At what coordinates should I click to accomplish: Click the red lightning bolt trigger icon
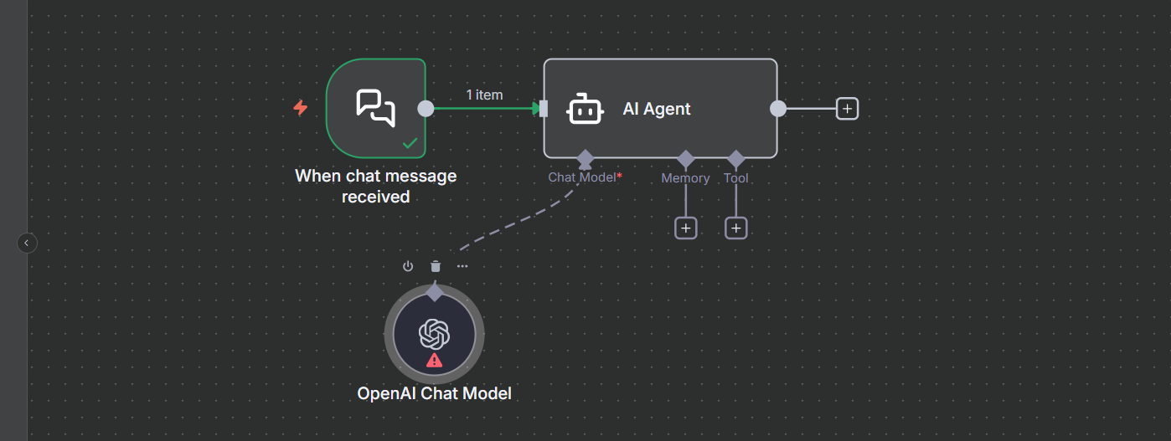[x=300, y=108]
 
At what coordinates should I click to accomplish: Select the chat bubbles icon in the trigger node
[x=375, y=108]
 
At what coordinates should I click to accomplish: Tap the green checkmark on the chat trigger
[x=410, y=143]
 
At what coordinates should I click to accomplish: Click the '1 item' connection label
[x=484, y=95]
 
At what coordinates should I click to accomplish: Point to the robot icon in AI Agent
[x=585, y=109]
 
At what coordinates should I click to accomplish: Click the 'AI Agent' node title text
[x=657, y=109]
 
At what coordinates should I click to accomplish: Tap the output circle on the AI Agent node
[x=778, y=109]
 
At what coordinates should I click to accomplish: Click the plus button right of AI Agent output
[x=847, y=109]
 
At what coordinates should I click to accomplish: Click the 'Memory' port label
[x=685, y=178]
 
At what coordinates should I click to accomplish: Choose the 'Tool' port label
[x=735, y=178]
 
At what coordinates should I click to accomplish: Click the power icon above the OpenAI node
[x=408, y=266]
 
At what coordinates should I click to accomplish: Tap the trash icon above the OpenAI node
[x=435, y=266]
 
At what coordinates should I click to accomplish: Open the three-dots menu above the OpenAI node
[x=462, y=266]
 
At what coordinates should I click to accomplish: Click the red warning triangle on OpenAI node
[x=434, y=361]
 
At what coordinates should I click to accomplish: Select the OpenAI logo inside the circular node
[x=434, y=335]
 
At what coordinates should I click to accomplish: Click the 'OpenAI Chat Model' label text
[x=434, y=393]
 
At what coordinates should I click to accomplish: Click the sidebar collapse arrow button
[x=27, y=243]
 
